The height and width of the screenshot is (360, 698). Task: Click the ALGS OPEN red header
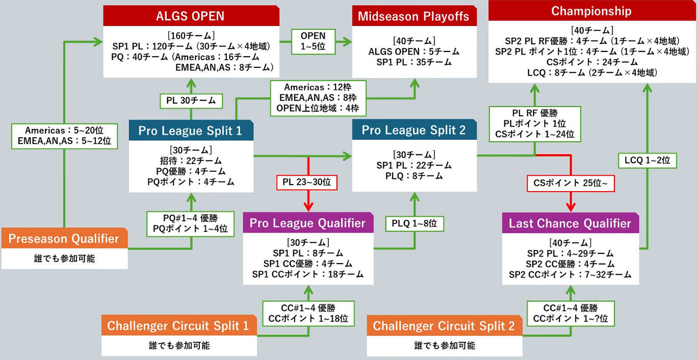tap(191, 16)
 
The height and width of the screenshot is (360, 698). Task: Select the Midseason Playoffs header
tap(413, 16)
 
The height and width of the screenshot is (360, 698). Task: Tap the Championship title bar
tap(591, 11)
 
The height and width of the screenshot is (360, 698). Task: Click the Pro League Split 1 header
tap(190, 131)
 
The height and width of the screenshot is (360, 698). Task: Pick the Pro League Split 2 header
tap(413, 130)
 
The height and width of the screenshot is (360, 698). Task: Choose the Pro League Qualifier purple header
tap(307, 223)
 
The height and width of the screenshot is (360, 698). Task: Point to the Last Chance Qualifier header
tap(570, 223)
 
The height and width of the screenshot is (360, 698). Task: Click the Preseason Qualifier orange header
tap(64, 239)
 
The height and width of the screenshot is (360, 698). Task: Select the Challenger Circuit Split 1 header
tap(178, 326)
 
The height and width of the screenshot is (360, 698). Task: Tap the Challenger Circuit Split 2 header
tap(444, 326)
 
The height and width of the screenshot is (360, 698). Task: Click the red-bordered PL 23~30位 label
tap(307, 182)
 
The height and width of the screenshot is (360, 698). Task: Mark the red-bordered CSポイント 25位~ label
tap(571, 183)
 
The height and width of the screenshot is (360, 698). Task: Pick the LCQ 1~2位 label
tap(647, 161)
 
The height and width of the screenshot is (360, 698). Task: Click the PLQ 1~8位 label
tap(415, 223)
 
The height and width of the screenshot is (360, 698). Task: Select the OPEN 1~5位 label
tap(313, 41)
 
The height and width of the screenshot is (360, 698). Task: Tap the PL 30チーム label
tap(191, 100)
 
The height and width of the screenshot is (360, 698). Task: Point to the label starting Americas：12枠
tap(318, 98)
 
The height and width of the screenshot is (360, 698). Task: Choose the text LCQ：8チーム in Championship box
tap(554, 73)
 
